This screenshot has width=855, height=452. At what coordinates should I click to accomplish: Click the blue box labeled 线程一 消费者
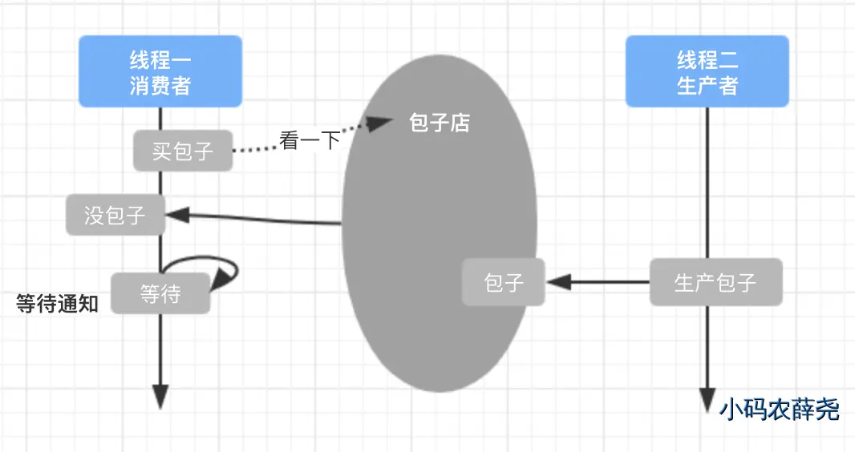click(x=160, y=71)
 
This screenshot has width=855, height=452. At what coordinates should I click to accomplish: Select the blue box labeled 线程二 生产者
click(x=707, y=71)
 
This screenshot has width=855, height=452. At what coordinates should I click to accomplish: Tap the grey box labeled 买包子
click(x=183, y=150)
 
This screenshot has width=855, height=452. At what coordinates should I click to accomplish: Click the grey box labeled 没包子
click(x=115, y=214)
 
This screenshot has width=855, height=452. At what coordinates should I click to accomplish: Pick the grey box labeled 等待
click(x=160, y=293)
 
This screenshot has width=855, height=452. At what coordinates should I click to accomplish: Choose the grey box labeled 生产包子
click(x=715, y=282)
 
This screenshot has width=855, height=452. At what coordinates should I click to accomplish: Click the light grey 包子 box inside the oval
click(x=504, y=282)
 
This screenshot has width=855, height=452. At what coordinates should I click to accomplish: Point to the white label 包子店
click(x=440, y=123)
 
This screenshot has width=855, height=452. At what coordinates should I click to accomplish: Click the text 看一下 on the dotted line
click(x=310, y=141)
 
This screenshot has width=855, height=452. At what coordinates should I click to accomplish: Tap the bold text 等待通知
click(x=57, y=304)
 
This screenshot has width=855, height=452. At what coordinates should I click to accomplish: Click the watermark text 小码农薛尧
click(x=779, y=410)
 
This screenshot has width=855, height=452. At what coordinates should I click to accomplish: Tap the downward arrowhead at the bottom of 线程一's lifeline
click(x=160, y=396)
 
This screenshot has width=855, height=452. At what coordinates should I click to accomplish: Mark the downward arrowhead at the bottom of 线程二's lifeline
click(x=707, y=398)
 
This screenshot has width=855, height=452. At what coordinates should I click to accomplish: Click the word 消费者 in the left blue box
click(x=160, y=85)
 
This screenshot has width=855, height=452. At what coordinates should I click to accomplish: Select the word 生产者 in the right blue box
click(x=707, y=85)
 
